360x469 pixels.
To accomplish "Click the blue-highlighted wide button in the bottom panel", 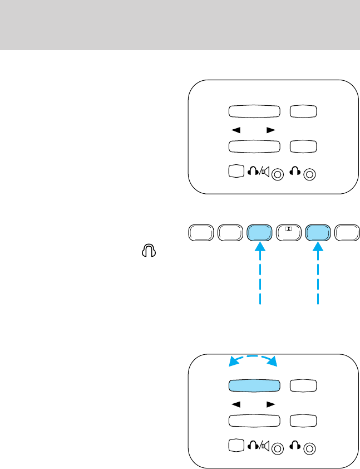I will pyautogui.click(x=253, y=386).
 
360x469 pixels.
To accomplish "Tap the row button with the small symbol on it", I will pyautogui.click(x=288, y=233).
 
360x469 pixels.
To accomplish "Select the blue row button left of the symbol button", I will pyautogui.click(x=259, y=233).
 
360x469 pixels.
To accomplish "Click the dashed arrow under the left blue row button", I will pyautogui.click(x=259, y=276).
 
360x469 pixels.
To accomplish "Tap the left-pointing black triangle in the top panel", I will pyautogui.click(x=236, y=130).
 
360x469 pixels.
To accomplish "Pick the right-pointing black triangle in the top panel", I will pyautogui.click(x=270, y=130).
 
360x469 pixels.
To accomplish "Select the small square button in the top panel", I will pyautogui.click(x=236, y=172).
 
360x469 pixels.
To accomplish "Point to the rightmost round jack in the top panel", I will pyautogui.click(x=311, y=174).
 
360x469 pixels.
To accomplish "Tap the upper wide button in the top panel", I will pyautogui.click(x=253, y=111).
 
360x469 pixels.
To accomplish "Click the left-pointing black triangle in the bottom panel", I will pyautogui.click(x=236, y=404).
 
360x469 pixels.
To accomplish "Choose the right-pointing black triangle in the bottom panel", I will pyautogui.click(x=270, y=404).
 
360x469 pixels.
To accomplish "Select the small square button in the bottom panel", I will pyautogui.click(x=236, y=447).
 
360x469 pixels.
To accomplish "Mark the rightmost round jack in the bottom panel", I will pyautogui.click(x=311, y=449).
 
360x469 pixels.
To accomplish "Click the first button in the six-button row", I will pyautogui.click(x=201, y=233).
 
